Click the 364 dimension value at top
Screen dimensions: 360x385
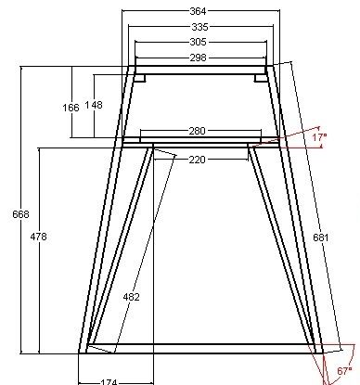pos(198,11)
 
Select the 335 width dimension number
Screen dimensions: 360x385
pos(199,27)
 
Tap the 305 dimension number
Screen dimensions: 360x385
pos(198,42)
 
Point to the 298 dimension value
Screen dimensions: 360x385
pos(198,58)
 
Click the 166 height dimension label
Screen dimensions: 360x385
pos(71,108)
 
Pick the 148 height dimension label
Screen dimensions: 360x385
pos(94,105)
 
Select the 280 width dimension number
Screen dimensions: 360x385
pos(197,131)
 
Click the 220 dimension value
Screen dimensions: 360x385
pos(197,160)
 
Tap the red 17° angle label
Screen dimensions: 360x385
pos(319,137)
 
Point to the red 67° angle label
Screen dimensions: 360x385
pos(344,371)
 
